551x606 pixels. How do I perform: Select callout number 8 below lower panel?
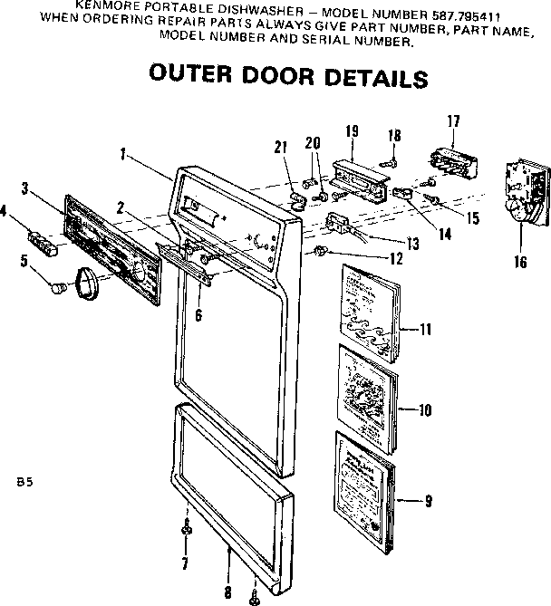(x=227, y=593)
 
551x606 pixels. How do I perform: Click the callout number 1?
(x=121, y=153)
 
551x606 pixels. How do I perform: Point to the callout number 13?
(x=412, y=243)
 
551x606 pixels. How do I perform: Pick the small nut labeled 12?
(x=322, y=249)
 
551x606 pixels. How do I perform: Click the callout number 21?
(x=281, y=147)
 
